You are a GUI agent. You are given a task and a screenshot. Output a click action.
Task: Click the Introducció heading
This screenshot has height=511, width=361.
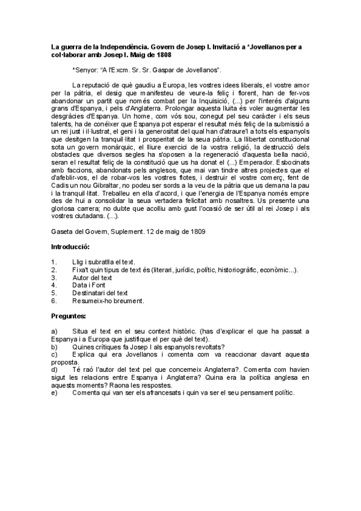click(70, 247)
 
